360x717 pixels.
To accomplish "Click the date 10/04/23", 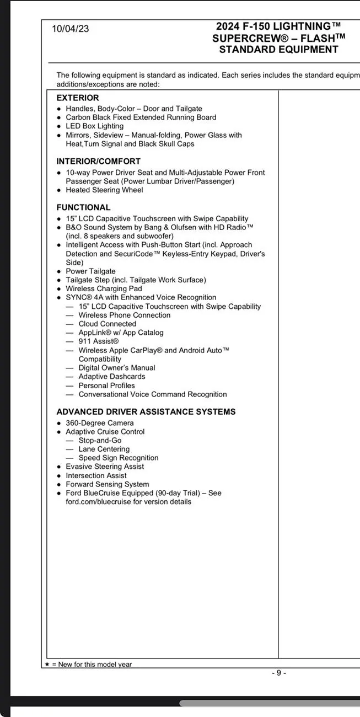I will [x=70, y=29].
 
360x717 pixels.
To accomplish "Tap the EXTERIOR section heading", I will [x=78, y=98].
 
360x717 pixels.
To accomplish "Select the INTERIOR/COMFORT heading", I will [x=98, y=161].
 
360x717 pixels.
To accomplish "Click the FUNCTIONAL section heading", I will [x=83, y=207].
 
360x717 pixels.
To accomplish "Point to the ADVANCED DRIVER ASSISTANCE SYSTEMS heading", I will [x=146, y=411].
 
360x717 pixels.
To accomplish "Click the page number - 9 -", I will [x=279, y=672].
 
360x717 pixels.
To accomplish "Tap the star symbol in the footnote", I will [x=47, y=664].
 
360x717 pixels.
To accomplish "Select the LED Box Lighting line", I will [x=94, y=126].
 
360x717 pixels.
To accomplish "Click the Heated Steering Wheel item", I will [x=104, y=190].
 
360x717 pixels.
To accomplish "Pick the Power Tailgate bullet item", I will [x=90, y=271].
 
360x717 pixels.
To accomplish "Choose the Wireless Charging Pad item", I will [x=104, y=288].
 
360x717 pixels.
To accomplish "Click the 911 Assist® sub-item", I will [x=98, y=341].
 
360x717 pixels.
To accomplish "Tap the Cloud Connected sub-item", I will [x=107, y=324].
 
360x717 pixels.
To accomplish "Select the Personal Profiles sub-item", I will [x=106, y=386].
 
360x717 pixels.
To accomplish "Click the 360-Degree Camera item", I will [x=99, y=423].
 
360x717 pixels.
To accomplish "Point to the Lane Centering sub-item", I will [x=104, y=449].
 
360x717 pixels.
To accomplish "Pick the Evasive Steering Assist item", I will [x=105, y=467].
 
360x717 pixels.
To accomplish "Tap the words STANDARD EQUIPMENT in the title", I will [x=278, y=50].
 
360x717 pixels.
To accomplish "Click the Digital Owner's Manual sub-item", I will [x=116, y=368].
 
